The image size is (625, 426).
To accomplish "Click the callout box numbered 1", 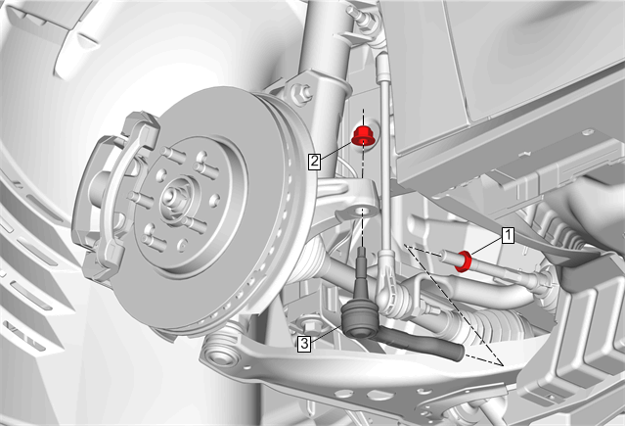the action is [508, 236].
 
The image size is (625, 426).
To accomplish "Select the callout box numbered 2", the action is [315, 162].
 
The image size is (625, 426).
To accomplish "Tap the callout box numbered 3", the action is [304, 344].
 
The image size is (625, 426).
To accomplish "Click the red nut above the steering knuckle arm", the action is [362, 135].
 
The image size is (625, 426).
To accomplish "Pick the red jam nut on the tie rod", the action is [465, 261].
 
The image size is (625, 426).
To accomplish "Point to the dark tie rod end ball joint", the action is [360, 319].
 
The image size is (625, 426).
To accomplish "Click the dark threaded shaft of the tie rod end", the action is [423, 343].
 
